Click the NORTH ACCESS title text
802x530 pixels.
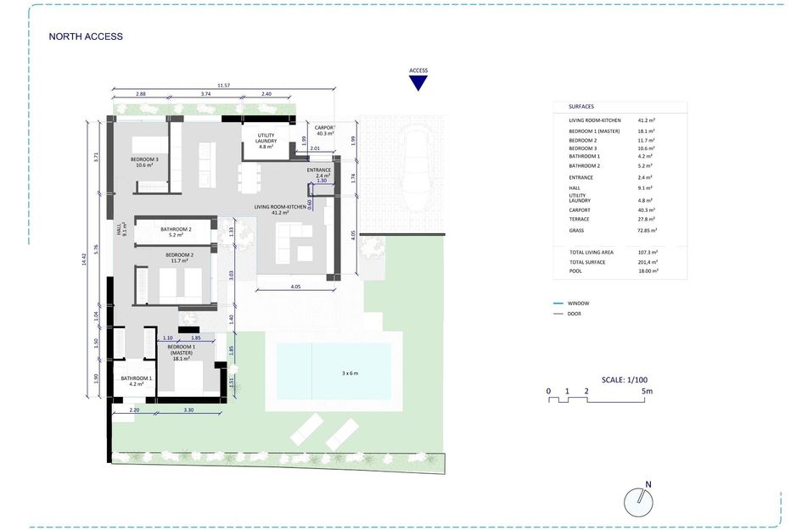86,36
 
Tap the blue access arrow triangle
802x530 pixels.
418,82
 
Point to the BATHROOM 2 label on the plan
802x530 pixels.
176,230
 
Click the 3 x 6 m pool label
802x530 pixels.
350,373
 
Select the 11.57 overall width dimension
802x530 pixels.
223,86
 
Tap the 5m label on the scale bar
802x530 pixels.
647,391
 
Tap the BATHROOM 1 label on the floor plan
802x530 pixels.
137,379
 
